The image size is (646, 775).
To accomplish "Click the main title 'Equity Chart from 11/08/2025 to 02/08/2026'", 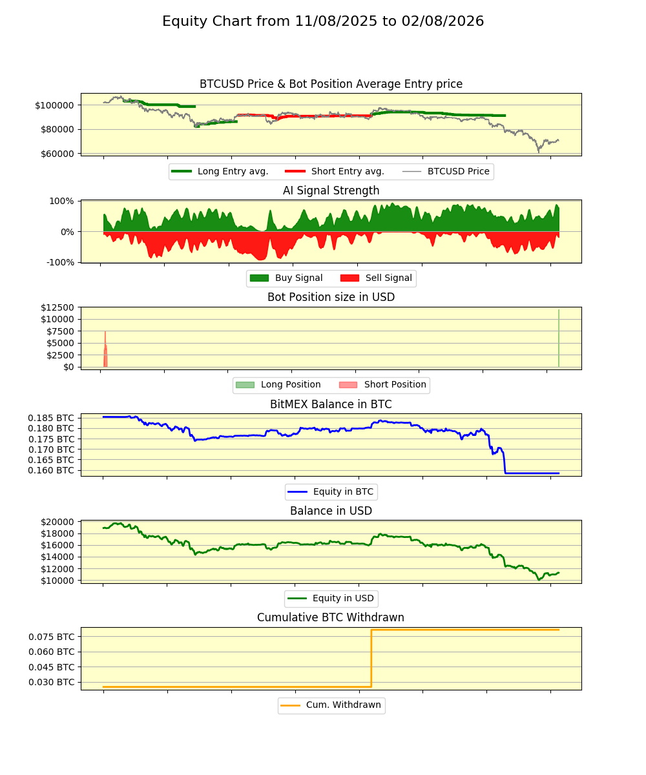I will coord(323,21).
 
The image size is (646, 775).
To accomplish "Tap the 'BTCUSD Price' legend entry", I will coord(458,171).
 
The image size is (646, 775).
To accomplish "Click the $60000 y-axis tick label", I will coord(57,154).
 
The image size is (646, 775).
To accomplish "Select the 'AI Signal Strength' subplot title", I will coord(331,191).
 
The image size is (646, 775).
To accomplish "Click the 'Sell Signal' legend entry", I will coord(388,278).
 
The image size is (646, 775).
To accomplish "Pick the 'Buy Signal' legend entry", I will coord(298,278).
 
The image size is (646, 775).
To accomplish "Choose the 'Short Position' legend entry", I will coord(395,385).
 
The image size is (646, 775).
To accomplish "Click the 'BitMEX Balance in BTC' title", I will coord(331,404).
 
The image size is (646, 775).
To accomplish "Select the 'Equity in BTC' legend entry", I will coord(343,492).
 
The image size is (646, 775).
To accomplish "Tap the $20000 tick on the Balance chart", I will coord(55,522).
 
